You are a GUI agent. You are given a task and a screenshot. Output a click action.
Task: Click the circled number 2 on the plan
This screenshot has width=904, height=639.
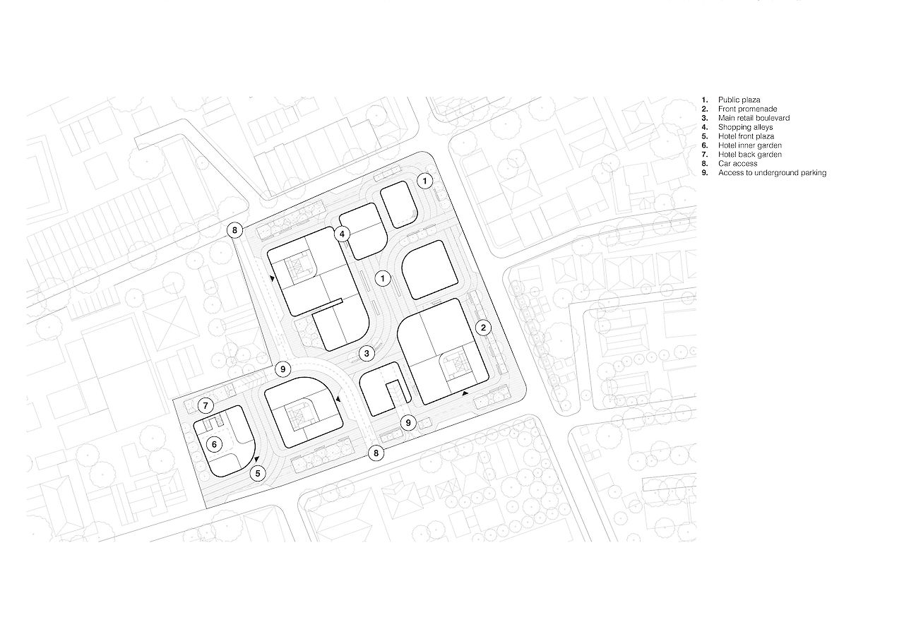tap(484, 328)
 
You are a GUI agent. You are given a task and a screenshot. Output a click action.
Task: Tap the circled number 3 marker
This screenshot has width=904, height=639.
tap(367, 354)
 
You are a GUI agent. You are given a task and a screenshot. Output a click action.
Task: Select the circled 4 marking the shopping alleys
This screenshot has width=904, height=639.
tap(342, 234)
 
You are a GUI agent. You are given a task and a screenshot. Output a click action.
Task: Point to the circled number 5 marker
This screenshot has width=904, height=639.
tap(258, 473)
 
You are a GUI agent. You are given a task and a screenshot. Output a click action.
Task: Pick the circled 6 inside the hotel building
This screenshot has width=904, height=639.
tap(214, 444)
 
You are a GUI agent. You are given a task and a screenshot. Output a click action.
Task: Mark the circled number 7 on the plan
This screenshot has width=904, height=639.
tap(206, 405)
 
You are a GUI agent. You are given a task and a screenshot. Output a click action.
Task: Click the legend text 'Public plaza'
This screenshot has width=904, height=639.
tap(739, 100)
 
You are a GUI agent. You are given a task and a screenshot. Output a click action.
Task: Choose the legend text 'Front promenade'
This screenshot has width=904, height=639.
tap(747, 109)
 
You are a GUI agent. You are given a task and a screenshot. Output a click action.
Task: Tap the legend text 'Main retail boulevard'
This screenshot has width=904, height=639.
tap(754, 118)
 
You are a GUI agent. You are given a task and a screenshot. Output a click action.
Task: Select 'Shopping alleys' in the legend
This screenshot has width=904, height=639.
tap(745, 127)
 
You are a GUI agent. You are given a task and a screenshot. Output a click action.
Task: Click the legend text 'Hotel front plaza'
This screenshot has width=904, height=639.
tap(746, 136)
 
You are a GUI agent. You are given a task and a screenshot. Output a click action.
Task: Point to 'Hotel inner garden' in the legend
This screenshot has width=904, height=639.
tap(750, 145)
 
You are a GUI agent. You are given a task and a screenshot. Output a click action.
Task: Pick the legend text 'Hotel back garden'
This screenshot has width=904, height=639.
tap(750, 154)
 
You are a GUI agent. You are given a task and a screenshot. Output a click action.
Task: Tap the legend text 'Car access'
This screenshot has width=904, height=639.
tap(737, 163)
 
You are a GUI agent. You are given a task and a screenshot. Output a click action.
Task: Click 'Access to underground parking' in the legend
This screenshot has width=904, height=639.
tap(772, 173)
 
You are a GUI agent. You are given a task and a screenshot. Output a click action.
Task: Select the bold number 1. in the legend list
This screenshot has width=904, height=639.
tap(705, 100)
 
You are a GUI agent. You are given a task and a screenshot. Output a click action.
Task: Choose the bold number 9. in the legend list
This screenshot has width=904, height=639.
tap(705, 173)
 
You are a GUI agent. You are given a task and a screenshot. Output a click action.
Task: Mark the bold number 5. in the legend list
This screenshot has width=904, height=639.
tap(705, 136)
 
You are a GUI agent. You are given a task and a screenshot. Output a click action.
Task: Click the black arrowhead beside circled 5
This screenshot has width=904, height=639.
tap(256, 459)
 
